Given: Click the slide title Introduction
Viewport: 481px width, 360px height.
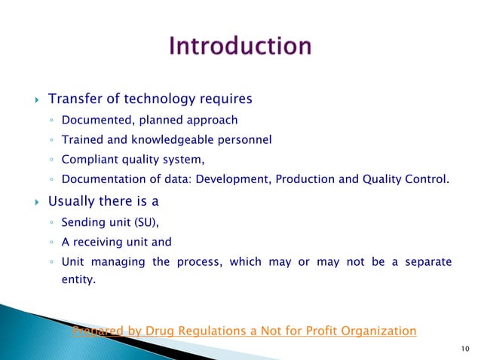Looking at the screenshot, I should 240,47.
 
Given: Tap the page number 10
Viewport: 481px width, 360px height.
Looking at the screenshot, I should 463,347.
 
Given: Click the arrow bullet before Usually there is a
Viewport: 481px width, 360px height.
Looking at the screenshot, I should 35,203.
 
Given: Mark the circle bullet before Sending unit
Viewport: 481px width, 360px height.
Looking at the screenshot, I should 50,224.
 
